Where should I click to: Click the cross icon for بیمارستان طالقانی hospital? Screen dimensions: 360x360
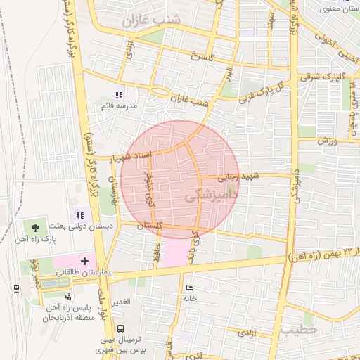click(85, 260)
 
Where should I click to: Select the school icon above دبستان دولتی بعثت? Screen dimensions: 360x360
click(79, 215)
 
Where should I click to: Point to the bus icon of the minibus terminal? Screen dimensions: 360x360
click(121, 328)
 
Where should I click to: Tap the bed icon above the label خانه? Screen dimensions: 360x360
click(188, 288)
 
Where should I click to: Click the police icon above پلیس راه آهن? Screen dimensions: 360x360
click(68, 297)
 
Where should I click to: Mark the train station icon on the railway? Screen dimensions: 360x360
click(15, 288)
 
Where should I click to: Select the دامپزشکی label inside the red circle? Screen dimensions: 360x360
click(209, 199)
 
